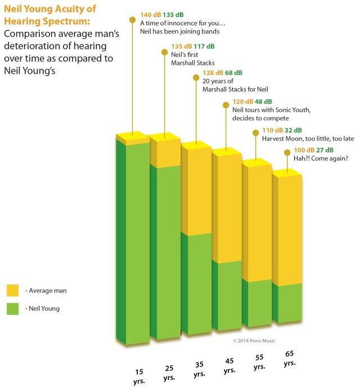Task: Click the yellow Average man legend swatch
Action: [13, 290]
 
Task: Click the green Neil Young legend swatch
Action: [13, 308]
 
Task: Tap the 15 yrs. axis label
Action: [139, 376]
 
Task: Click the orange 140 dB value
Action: [150, 14]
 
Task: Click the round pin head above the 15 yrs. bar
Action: [133, 20]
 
